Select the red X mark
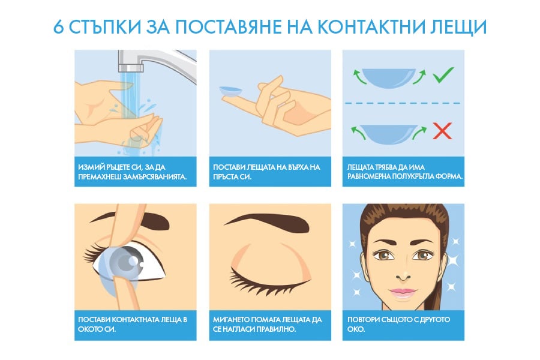click(442, 131)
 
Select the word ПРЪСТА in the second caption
click(229, 177)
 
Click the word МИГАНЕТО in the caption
click(236, 319)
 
